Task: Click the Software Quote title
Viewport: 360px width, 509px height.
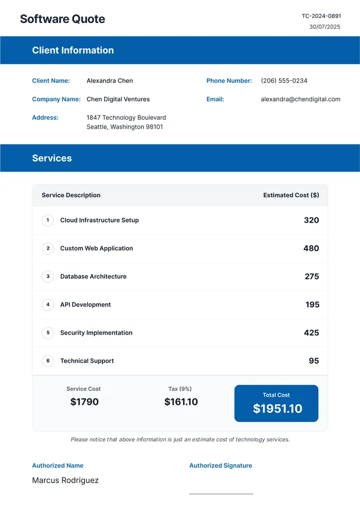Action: click(x=62, y=19)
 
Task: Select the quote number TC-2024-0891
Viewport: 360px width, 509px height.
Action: click(x=321, y=16)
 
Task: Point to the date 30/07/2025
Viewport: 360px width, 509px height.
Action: click(x=325, y=26)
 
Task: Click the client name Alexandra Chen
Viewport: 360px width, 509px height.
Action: click(x=110, y=81)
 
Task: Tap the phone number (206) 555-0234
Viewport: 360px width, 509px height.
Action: click(x=284, y=81)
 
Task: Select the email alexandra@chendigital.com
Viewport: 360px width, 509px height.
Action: click(x=300, y=99)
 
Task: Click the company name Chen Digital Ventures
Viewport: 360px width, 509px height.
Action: click(x=118, y=99)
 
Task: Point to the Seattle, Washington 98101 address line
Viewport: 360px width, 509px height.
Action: click(x=125, y=127)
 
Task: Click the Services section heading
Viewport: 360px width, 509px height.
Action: click(x=52, y=158)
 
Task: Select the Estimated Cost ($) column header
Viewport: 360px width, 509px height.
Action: click(x=291, y=195)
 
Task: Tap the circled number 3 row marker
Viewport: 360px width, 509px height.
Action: click(x=48, y=277)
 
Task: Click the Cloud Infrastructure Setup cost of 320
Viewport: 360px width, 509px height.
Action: click(x=311, y=220)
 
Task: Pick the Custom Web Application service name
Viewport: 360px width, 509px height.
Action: click(x=97, y=249)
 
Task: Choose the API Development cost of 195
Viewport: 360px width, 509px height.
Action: click(x=312, y=305)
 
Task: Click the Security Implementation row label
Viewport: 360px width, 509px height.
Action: click(x=96, y=333)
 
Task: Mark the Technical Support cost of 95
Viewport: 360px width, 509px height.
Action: click(x=314, y=361)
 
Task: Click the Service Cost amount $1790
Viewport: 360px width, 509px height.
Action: click(x=84, y=402)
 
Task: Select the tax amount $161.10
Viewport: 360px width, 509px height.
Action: click(x=181, y=402)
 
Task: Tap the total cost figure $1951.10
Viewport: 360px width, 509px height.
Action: click(x=277, y=409)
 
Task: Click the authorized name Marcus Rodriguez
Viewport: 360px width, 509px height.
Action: click(x=65, y=480)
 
